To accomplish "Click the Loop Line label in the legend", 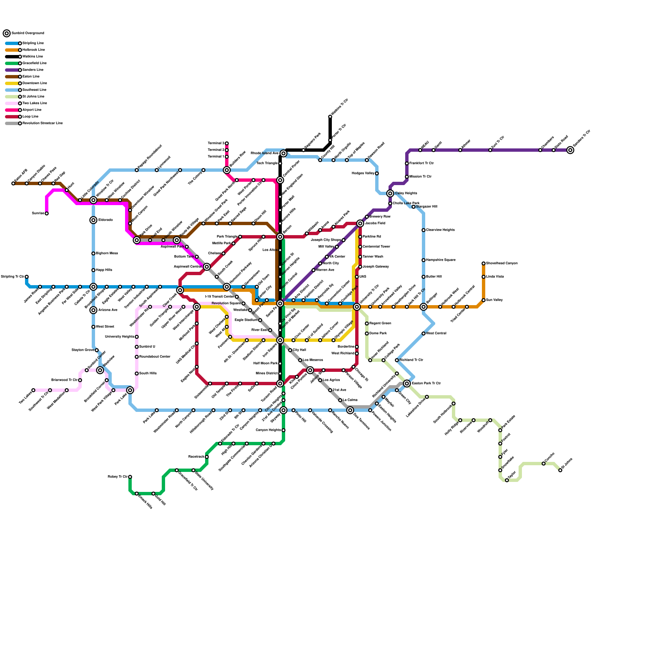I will click(x=30, y=117).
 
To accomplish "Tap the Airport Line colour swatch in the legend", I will click(x=12, y=110).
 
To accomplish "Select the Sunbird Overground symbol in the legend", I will click(x=7, y=33).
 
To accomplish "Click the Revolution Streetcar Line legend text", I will click(x=42, y=123).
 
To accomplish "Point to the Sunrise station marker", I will click(x=47, y=213).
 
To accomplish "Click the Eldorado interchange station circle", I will click(x=93, y=220).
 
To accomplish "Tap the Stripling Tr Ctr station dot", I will click(x=27, y=277).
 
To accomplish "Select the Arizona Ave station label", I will click(x=108, y=310).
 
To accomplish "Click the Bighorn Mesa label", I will click(x=107, y=253).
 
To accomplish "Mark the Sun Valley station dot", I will click(x=484, y=300).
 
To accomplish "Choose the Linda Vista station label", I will click(x=495, y=277).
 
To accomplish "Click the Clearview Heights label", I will click(x=440, y=230).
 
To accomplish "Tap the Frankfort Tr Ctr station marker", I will click(x=407, y=163).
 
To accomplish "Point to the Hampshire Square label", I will click(x=441, y=260).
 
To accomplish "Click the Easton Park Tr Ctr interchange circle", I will click(x=407, y=384).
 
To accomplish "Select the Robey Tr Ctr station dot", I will click(x=130, y=477).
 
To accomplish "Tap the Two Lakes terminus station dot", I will click(x=33, y=390).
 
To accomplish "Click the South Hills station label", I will click(x=148, y=374).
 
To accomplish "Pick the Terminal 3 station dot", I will click(x=227, y=143).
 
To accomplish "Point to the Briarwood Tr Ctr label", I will click(x=64, y=380).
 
